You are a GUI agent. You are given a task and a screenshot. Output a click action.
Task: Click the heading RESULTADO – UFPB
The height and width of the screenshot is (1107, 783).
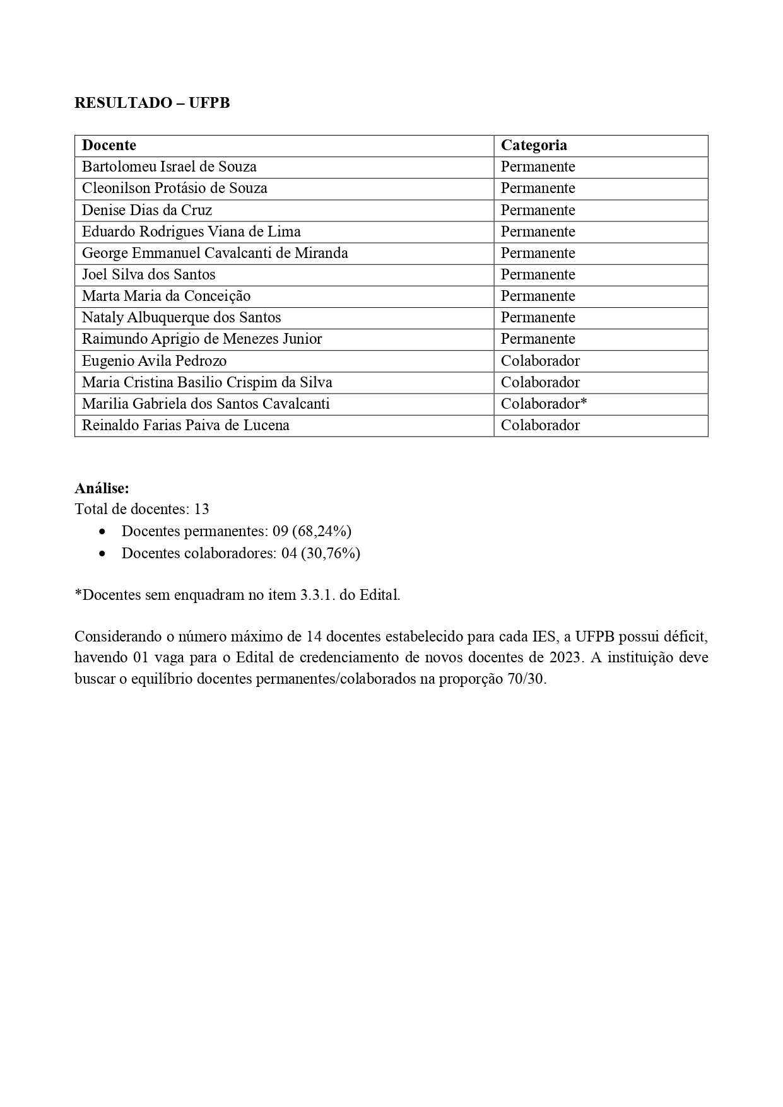coord(152,103)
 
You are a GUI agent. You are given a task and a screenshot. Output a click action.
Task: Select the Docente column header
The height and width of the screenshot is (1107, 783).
coord(109,145)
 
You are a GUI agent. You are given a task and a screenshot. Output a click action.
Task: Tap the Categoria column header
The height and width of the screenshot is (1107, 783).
coord(534,145)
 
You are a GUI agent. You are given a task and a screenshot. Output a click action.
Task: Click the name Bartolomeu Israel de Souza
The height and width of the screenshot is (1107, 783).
coord(169,167)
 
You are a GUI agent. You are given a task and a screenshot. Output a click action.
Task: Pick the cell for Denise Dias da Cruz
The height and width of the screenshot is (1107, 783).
coord(147,210)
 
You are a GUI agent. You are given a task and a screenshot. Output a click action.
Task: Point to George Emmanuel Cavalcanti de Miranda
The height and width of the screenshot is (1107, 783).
coord(215,253)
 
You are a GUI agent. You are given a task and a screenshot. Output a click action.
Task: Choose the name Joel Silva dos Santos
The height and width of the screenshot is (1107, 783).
coord(149,274)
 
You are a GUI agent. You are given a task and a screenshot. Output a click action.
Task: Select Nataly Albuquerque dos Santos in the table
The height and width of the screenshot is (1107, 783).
coord(182,317)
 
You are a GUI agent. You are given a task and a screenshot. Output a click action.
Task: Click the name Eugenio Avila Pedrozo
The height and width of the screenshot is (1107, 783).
coord(155,361)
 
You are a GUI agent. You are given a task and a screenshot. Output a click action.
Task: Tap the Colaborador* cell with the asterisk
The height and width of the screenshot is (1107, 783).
coord(544,404)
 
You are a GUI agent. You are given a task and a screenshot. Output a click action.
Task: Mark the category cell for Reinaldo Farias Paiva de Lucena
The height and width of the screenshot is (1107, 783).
coord(540,425)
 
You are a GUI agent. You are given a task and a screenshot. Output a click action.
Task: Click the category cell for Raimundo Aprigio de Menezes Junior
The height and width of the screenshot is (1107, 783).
coord(538,339)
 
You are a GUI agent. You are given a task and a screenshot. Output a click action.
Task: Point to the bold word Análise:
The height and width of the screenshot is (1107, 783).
coord(102,488)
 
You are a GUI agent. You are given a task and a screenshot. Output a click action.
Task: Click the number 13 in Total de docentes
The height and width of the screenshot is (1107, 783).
coord(202,509)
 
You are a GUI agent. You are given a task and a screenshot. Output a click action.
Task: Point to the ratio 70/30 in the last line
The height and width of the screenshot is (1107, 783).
coord(526,680)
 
